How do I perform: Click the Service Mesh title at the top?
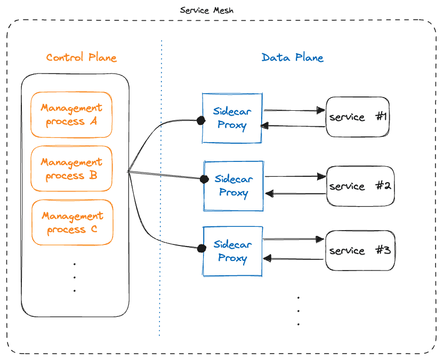click(x=206, y=10)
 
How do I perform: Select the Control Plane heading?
click(x=81, y=58)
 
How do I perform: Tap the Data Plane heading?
click(x=292, y=58)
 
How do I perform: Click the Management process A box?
click(x=71, y=114)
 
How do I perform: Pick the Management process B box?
click(x=71, y=169)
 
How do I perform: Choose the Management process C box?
click(x=71, y=223)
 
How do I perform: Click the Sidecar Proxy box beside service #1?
click(x=232, y=118)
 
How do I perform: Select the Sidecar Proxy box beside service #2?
click(x=233, y=186)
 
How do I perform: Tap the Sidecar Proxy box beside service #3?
click(x=233, y=251)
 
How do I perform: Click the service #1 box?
click(x=357, y=117)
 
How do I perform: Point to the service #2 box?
click(x=360, y=186)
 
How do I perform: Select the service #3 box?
click(x=360, y=250)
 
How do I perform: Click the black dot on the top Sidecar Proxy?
click(x=201, y=120)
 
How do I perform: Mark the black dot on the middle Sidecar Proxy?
click(x=204, y=179)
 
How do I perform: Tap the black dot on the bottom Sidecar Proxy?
click(x=201, y=248)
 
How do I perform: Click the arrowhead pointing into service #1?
click(x=321, y=110)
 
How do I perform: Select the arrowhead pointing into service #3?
click(x=320, y=239)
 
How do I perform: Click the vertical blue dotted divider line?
click(x=160, y=213)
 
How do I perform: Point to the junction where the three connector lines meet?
click(x=128, y=171)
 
